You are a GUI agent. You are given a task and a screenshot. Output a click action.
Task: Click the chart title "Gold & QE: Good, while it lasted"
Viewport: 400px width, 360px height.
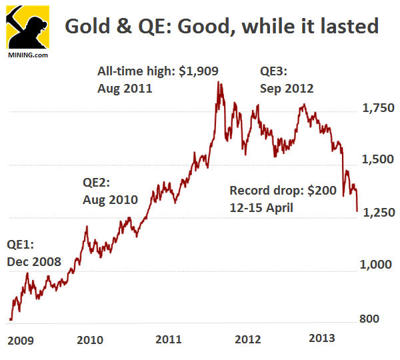(x=221, y=27)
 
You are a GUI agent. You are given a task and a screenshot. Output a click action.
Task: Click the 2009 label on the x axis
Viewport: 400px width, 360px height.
(x=21, y=340)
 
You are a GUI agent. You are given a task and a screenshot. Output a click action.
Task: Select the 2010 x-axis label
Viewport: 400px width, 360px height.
(x=90, y=340)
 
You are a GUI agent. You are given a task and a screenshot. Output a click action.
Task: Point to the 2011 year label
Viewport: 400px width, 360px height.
(x=169, y=340)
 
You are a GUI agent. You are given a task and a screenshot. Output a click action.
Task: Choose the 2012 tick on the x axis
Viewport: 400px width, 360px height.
(x=247, y=340)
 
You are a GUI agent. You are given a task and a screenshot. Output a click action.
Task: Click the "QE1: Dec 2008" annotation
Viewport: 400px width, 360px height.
(x=33, y=253)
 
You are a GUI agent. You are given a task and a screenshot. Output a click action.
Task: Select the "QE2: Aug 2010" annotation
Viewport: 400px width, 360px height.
(x=110, y=191)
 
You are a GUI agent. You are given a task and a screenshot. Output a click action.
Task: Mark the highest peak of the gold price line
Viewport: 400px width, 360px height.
(x=220, y=83)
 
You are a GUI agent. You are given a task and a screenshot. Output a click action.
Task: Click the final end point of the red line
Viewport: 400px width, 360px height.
(x=357, y=211)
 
